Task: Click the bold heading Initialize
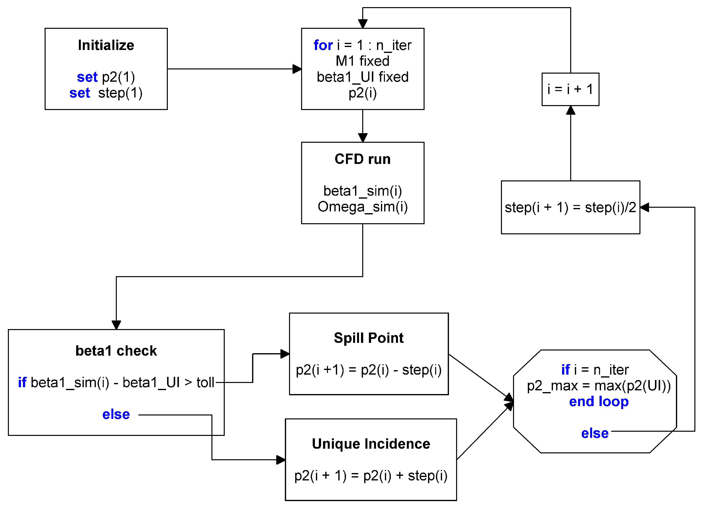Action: pos(106,45)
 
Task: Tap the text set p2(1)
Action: pos(106,77)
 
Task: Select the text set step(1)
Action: pos(106,93)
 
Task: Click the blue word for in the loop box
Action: pos(323,45)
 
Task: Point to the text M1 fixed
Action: pos(362,61)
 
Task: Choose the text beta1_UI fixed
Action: pos(362,77)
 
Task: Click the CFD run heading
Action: pos(362,159)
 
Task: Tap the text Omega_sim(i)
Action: pos(362,207)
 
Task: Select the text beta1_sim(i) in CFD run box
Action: pos(362,191)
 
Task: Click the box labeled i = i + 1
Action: pos(570,89)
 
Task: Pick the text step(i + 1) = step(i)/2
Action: pos(570,207)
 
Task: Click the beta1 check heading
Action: pos(116,351)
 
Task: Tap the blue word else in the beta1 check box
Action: pos(116,414)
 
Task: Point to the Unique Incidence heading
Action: pos(371,444)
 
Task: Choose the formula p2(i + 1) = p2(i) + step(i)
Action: pos(371,476)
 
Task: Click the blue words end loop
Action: pos(599,401)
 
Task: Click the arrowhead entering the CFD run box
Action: pos(362,138)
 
